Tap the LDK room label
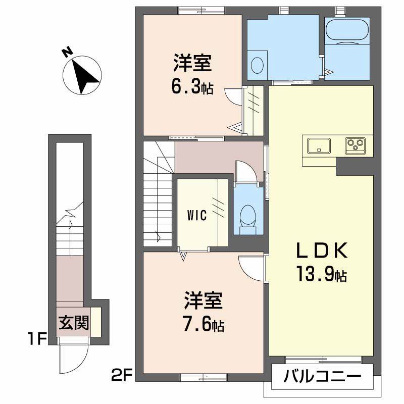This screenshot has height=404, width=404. click(321, 251)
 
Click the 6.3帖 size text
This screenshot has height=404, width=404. click(191, 88)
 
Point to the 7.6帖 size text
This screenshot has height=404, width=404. click(204, 324)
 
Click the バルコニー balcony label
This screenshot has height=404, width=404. click(322, 377)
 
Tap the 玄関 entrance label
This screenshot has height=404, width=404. click(73, 322)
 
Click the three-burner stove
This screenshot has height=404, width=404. click(356, 145)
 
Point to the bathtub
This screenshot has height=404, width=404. click(348, 31)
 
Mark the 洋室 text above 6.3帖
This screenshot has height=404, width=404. click(192, 65)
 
